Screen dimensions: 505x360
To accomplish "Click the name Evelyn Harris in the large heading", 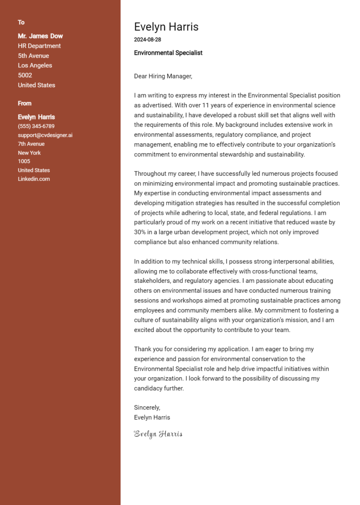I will tap(166, 27).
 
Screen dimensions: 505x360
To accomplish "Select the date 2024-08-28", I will tap(147, 40).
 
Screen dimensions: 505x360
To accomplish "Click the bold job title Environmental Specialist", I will tap(168, 53).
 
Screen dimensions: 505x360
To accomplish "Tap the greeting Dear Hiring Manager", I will tap(163, 76).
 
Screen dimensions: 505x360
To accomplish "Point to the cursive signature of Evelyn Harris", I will tap(158, 434).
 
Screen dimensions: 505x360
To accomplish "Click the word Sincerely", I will tap(147, 408).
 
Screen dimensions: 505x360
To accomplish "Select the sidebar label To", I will tap(21, 22).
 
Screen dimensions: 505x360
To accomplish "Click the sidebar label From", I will tap(24, 104).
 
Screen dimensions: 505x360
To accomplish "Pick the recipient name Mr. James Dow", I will tap(40, 36).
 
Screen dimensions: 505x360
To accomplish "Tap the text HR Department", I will tap(39, 46).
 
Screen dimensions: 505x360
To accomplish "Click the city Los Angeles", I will tap(35, 66).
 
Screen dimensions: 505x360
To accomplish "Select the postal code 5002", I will tap(25, 75).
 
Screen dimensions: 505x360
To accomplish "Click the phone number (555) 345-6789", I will tap(36, 126).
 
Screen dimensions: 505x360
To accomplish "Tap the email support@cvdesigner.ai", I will tap(45, 135).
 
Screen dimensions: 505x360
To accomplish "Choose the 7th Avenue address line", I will tap(31, 144).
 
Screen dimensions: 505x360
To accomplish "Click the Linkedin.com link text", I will tap(34, 179).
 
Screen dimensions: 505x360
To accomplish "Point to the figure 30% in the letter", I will tap(140, 232).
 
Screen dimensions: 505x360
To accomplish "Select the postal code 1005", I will tap(24, 162).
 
